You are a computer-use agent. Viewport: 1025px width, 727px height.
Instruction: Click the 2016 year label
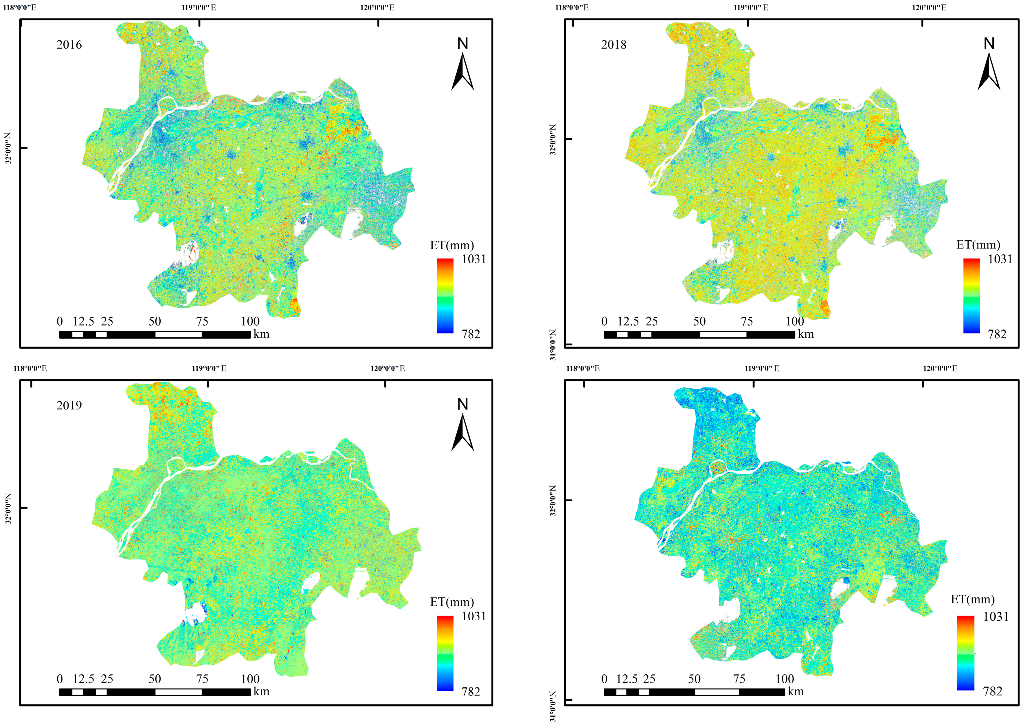(69, 45)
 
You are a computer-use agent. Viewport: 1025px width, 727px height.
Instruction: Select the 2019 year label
(69, 406)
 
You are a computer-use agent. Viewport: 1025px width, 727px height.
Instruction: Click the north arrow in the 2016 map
(463, 72)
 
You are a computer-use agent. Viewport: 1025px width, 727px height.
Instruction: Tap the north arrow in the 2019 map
(463, 432)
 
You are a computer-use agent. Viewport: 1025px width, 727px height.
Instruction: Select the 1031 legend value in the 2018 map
(1000, 259)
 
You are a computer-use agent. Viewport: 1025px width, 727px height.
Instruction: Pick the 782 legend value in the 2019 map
(471, 692)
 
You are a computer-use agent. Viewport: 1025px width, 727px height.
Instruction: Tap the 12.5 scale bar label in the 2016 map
(83, 321)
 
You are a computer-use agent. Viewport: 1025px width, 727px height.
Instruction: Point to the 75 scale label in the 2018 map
(746, 321)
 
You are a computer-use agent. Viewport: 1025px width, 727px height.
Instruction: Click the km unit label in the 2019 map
(261, 692)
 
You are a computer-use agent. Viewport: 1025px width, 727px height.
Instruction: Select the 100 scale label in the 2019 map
(250, 679)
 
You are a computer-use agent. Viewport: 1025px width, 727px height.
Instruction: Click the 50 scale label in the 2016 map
(155, 321)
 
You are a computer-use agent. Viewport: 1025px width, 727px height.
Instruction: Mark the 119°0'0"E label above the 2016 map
(199, 8)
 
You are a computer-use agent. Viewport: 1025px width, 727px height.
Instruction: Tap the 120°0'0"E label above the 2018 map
(929, 8)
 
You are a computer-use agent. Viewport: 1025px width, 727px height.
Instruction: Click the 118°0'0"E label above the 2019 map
(30, 368)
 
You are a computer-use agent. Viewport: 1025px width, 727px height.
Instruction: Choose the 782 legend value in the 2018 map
(997, 334)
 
